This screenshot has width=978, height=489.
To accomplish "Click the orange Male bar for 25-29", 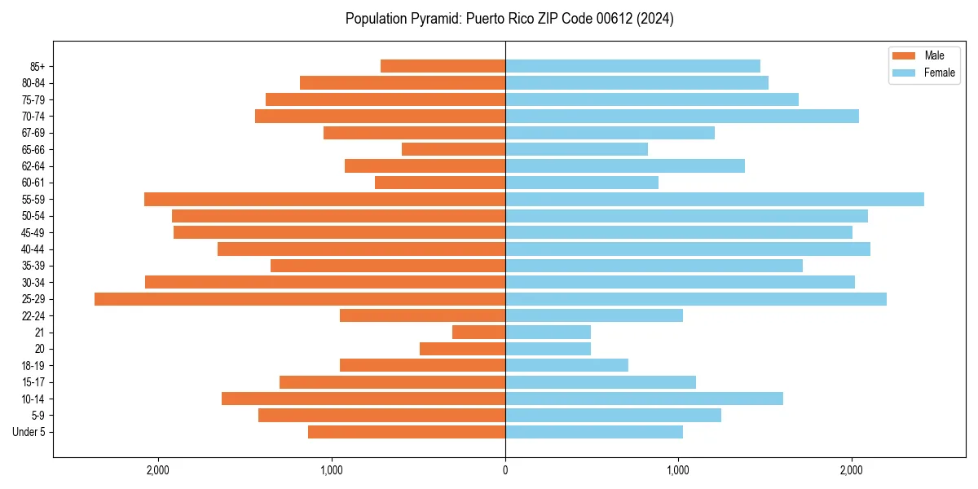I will pos(300,299).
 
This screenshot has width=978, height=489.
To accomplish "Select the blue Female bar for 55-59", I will pos(715,200).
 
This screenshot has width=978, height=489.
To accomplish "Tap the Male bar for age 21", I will pos(479,333).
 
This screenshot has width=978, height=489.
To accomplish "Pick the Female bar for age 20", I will pos(548,349).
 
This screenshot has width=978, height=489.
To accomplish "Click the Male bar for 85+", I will pos(443,66).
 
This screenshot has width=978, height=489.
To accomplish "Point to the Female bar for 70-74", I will pos(682,117).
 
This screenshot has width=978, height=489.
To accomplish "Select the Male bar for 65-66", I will pos(454,149).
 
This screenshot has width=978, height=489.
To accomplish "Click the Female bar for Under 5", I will pos(594,432).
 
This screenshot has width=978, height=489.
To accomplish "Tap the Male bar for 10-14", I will pos(363,399).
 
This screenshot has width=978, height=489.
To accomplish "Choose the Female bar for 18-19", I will pos(566,365).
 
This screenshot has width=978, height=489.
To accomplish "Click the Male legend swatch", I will pos(905,55).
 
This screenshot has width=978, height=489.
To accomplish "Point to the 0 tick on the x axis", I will pos(505,470).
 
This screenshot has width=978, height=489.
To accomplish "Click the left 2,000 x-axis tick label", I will pos(158,470).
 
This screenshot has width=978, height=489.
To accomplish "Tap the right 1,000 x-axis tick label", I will pos(678,470).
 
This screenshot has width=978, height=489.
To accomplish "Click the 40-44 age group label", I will pos(33,249).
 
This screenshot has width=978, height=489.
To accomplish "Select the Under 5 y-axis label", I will pos(29,432).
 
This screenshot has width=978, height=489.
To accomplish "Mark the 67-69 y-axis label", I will pos(33,133).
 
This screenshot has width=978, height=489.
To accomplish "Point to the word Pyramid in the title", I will pos(434,19).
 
